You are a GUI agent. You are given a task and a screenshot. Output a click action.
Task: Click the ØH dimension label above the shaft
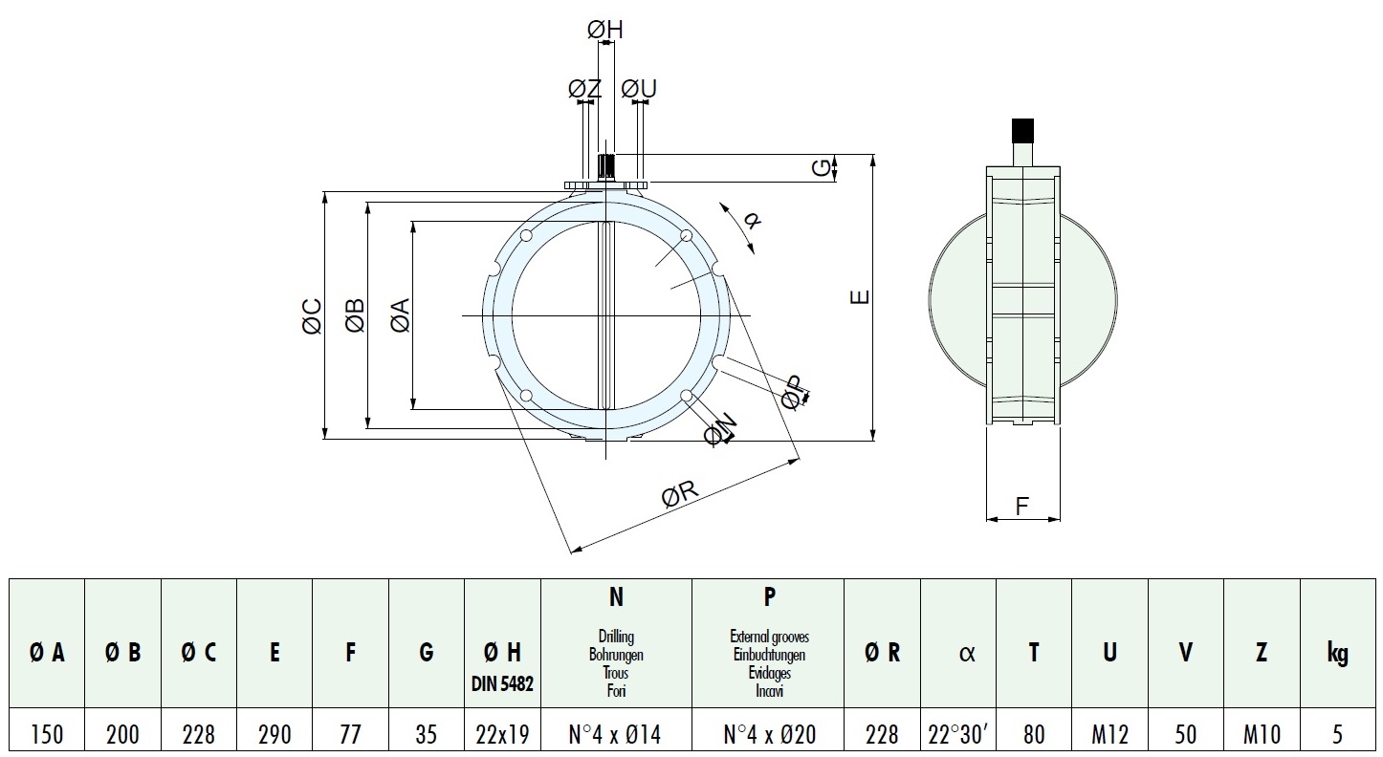click(605, 29)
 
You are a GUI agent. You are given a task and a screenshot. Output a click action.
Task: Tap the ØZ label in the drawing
click(584, 89)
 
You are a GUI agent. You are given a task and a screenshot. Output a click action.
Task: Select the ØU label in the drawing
click(639, 89)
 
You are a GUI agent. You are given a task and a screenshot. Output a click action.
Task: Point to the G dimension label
click(822, 167)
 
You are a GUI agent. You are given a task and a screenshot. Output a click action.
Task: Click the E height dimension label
click(860, 296)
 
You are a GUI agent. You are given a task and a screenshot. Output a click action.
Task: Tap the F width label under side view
click(1022, 506)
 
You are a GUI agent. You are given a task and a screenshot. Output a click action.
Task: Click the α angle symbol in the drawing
click(752, 220)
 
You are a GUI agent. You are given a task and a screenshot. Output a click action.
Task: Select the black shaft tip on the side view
click(1022, 130)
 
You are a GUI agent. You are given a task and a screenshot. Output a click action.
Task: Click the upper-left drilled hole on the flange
click(526, 236)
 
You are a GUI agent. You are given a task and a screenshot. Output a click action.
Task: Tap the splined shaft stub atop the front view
click(606, 166)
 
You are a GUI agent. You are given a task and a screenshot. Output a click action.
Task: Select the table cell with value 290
click(274, 734)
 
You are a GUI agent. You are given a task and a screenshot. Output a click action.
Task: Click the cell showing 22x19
click(502, 734)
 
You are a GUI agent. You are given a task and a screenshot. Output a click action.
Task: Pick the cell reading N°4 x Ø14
click(616, 734)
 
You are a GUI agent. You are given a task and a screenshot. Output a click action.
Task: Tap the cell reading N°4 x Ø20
click(769, 734)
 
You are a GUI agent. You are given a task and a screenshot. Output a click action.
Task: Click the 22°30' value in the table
click(958, 734)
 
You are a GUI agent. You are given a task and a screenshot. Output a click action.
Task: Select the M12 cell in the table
click(1110, 734)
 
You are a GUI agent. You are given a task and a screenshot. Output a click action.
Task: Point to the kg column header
click(1337, 652)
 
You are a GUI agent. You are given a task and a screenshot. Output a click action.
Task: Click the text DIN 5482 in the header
click(502, 683)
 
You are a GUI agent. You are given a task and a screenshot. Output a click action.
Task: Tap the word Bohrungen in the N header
click(616, 655)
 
